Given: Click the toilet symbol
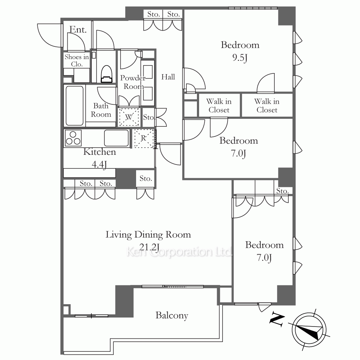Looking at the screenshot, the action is click(107, 74).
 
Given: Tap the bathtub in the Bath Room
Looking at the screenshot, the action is click(75, 105).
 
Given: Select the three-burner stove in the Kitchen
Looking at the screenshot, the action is click(73, 138).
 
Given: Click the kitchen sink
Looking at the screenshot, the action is click(116, 138).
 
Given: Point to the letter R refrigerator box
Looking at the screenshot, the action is click(144, 139).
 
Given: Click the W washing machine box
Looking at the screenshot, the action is click(129, 117).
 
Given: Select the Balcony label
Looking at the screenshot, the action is click(172, 315).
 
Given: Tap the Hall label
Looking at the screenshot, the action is click(168, 77).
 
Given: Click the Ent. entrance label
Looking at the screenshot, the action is click(78, 30).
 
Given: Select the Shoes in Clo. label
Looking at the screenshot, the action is click(77, 60).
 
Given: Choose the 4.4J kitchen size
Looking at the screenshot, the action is click(99, 165).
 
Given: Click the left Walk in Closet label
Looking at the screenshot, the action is click(219, 105).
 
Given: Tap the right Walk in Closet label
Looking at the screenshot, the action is click(267, 105).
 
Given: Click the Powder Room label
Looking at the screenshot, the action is click(133, 82).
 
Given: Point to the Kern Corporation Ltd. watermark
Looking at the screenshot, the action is click(179, 252).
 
